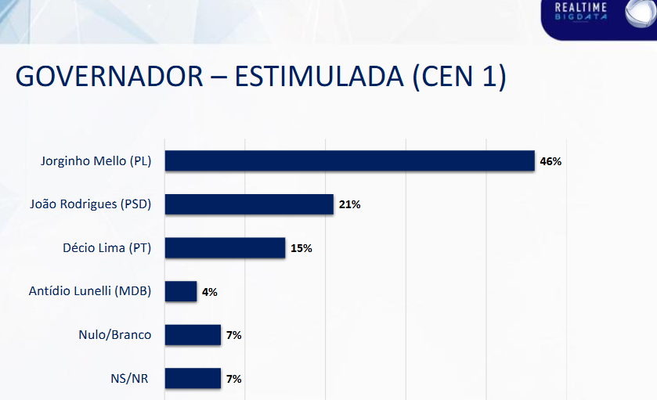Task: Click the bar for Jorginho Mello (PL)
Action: click(349, 161)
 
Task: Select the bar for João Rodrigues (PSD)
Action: click(249, 204)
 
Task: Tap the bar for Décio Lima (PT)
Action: click(225, 248)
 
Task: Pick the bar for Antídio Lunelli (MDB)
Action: click(181, 291)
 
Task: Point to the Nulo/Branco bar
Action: click(193, 335)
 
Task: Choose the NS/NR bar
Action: click(193, 378)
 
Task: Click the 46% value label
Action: click(551, 161)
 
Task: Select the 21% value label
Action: click(349, 204)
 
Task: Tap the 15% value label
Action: click(301, 248)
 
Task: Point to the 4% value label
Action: click(209, 292)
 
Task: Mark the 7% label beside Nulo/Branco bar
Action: click(233, 335)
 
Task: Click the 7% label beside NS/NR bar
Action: click(233, 379)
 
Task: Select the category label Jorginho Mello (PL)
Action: click(96, 161)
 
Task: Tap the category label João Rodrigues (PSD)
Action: click(90, 204)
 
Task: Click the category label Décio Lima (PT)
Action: click(106, 248)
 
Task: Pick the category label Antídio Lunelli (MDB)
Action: click(89, 291)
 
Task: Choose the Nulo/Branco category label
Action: click(114, 335)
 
